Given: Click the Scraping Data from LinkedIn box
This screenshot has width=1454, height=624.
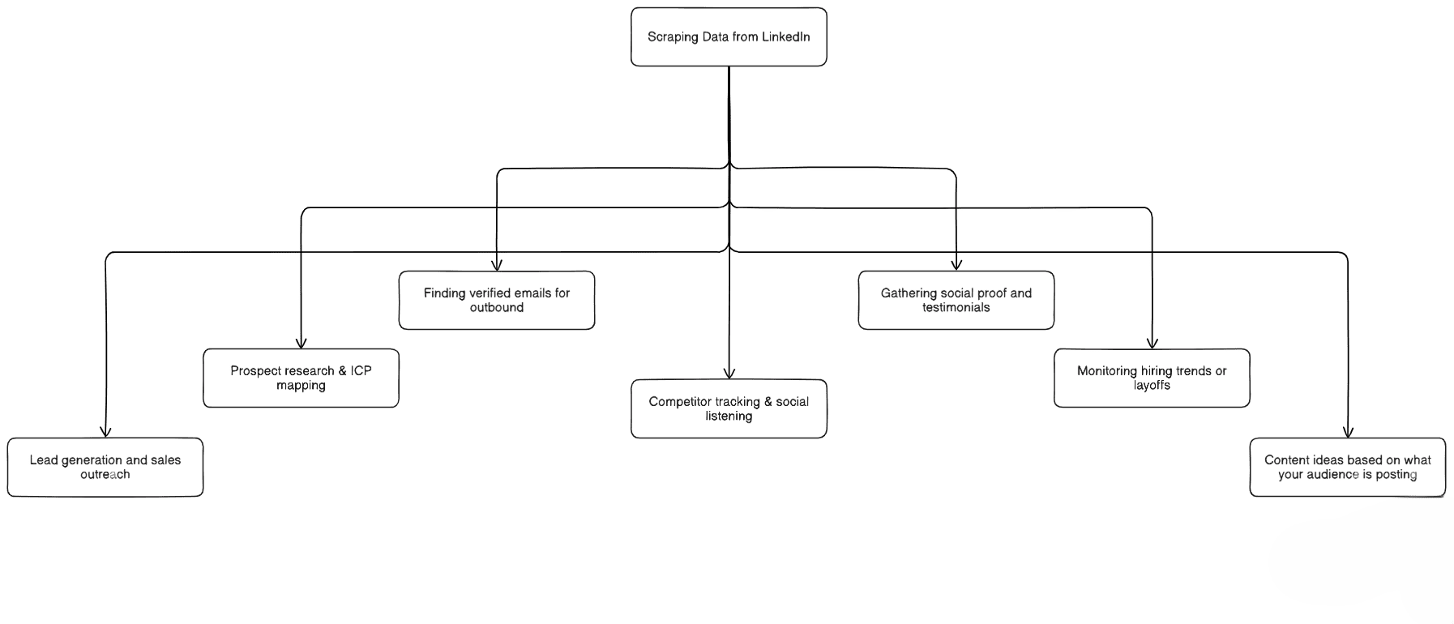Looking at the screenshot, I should pos(729,37).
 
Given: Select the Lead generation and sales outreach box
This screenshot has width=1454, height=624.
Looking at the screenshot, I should pos(105,468).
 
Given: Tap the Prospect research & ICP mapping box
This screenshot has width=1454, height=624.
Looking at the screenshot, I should pos(301,378).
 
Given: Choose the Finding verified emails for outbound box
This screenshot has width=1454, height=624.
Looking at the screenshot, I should pos(497,301).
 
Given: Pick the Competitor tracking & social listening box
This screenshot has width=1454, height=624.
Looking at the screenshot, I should pos(729,409).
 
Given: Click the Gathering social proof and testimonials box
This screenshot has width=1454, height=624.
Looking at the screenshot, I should pos(956,301).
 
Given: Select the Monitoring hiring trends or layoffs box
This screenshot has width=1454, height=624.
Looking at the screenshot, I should pos(1152,378).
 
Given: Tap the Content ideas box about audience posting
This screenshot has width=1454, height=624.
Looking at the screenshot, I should pos(1347,468).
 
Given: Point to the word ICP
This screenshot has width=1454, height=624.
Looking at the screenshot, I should pos(361,371).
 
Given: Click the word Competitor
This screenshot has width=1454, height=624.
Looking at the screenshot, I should pos(675,402).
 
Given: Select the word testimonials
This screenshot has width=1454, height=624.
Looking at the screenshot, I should pos(956,308).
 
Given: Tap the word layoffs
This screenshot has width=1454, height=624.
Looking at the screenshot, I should pos(1152,386).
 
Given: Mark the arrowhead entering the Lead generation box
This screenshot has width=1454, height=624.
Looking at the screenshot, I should pos(105,432).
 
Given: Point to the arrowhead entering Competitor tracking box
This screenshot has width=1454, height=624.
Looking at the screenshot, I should pos(729,374).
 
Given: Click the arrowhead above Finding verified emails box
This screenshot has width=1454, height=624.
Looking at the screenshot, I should pos(497,265).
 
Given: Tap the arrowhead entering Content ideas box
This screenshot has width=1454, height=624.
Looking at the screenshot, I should pos(1347,432).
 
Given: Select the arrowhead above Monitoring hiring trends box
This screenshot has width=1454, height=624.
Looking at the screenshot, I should pos(1152,343).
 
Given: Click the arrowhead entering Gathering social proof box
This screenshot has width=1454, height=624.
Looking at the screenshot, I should pos(956,265).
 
